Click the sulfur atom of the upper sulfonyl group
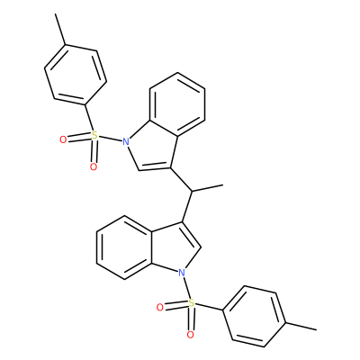[x=94, y=135]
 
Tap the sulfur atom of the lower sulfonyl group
[x=192, y=303]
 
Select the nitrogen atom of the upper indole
[x=126, y=140]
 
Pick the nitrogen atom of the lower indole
[x=181, y=273]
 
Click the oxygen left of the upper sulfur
[x=63, y=139]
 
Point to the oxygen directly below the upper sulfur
[x=94, y=166]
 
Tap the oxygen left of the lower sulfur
[x=160, y=308]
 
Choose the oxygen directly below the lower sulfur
[x=190, y=335]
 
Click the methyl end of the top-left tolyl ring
[x=56, y=13]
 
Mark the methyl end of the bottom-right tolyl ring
[x=316, y=330]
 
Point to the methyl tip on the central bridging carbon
[x=223, y=185]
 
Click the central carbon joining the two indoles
[x=192, y=191]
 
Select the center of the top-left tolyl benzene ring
[x=76, y=75]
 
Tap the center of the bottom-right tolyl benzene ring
[x=254, y=316]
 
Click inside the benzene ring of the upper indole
[x=177, y=104]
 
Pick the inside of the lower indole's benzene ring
[x=124, y=247]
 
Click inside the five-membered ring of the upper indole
[x=153, y=146]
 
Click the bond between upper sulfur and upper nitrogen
[x=111, y=138]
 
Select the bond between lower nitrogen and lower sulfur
[x=186, y=288]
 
